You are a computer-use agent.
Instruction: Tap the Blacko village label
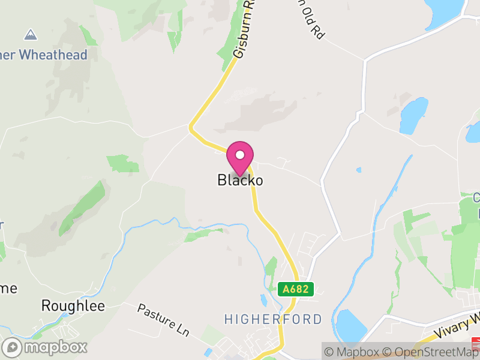coord(240,180)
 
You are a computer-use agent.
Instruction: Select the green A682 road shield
coord(296,289)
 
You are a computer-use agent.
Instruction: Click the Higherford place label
coord(273,319)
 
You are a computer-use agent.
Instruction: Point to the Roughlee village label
coord(73,306)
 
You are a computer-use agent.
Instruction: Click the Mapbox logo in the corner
coord(45,347)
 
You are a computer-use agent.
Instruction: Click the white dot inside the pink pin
coord(240,155)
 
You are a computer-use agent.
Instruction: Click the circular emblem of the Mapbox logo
coord(12,347)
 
